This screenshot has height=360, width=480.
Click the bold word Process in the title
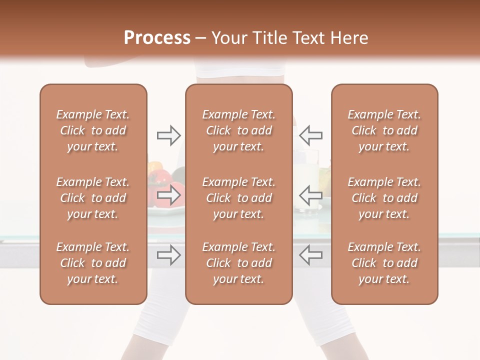(157, 38)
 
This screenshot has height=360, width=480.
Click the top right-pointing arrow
(169, 135)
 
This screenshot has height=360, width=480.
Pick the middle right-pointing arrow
(169, 194)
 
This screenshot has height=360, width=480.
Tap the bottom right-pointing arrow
(169, 255)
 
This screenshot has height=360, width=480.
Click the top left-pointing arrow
(310, 135)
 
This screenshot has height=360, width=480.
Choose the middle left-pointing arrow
(310, 194)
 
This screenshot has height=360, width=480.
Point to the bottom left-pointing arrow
(310, 255)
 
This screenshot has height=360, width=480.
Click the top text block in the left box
(93, 130)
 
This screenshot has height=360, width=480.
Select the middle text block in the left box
(93, 198)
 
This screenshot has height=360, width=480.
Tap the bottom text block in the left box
(93, 263)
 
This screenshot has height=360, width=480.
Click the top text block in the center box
(239, 130)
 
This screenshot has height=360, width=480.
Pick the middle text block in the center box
(239, 198)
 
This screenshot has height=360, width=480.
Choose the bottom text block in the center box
(239, 263)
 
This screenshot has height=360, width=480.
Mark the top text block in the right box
(384, 130)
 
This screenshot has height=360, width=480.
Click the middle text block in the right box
(384, 198)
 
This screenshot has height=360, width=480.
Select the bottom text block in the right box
(384, 263)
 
